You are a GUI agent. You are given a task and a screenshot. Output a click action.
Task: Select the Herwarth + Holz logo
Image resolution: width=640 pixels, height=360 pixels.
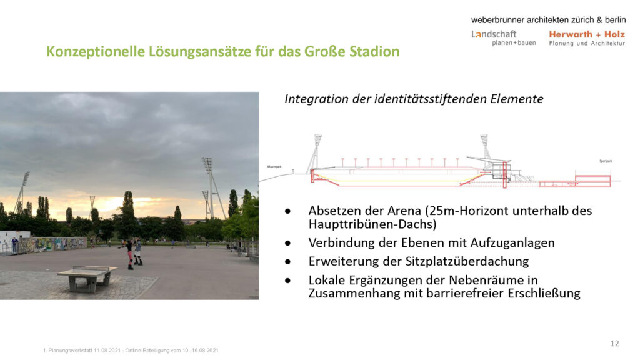pos(586,38)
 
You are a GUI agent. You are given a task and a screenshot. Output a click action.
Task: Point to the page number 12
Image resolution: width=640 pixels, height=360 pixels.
pos(614,343)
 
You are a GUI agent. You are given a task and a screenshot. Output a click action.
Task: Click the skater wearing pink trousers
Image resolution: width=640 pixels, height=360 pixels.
pos(129,253)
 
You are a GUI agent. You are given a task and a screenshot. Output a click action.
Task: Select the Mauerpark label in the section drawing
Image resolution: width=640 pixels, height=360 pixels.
pos(275,167)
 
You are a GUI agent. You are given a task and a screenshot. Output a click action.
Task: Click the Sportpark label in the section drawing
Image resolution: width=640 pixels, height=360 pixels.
pos(606,161)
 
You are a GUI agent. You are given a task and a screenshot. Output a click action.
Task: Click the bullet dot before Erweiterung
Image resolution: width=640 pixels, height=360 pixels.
pos(287,261)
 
